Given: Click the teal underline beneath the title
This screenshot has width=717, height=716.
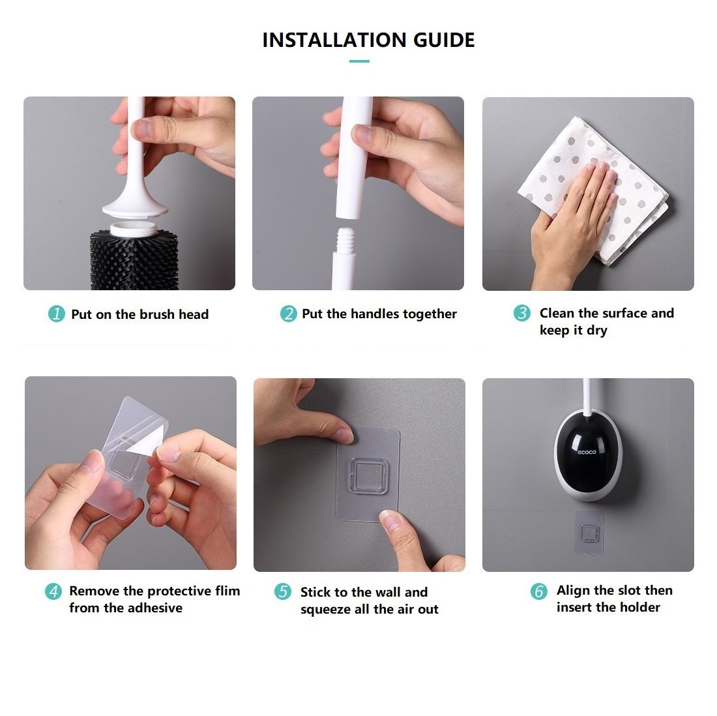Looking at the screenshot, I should click(359, 61).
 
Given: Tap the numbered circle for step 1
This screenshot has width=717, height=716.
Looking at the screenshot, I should click(57, 314).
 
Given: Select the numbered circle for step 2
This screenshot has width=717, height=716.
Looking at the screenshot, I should click(288, 314).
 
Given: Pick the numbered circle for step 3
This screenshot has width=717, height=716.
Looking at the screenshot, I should click(521, 314).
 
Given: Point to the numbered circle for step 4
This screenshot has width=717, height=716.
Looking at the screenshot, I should click(53, 591).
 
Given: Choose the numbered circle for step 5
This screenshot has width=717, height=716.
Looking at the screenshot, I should click(283, 592).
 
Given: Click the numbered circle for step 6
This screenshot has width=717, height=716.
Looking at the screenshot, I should click(538, 591).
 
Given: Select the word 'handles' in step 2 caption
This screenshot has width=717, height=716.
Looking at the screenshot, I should click(375, 314).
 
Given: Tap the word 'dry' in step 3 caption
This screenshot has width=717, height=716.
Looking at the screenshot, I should click(596, 331).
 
